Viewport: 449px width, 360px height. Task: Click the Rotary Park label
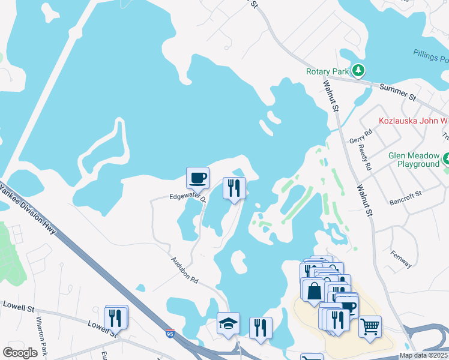coord(327,71)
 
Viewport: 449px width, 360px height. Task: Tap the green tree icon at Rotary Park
coord(358,71)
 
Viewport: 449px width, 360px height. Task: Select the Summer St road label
coord(398,92)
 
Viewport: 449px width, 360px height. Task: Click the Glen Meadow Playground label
coord(414,160)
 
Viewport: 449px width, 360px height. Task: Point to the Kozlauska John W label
coord(413,121)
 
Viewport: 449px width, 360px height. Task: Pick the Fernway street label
coord(400,259)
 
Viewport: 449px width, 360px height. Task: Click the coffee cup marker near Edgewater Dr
coord(197,178)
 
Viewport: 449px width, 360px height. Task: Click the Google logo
coord(20,352)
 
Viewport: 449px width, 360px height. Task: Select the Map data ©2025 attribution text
coord(423,355)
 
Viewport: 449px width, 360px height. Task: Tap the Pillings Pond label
coord(431,56)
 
